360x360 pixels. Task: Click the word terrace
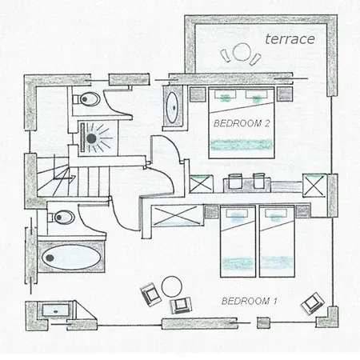click(x=290, y=39)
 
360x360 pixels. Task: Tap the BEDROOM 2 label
click(x=242, y=123)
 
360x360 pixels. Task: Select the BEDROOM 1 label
click(x=250, y=301)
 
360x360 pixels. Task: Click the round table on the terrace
click(x=242, y=51)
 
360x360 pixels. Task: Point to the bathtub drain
click(x=50, y=258)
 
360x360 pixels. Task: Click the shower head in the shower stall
click(x=91, y=138)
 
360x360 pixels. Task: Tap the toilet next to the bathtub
click(x=61, y=217)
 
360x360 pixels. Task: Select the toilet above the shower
click(x=86, y=99)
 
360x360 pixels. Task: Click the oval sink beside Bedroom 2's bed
click(x=173, y=107)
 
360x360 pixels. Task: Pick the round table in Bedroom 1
click(x=172, y=286)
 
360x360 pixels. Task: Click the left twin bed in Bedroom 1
click(x=238, y=242)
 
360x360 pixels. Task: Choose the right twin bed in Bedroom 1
click(x=277, y=242)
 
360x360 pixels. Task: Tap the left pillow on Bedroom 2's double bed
click(x=225, y=94)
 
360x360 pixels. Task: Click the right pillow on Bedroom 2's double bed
click(x=256, y=94)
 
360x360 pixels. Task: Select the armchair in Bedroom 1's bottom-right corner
click(x=312, y=303)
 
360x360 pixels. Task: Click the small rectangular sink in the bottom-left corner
click(x=55, y=310)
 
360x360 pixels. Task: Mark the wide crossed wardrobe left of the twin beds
click(x=177, y=216)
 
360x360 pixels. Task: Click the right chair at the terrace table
click(x=255, y=59)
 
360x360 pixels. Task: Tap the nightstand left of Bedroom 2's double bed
click(x=198, y=94)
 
